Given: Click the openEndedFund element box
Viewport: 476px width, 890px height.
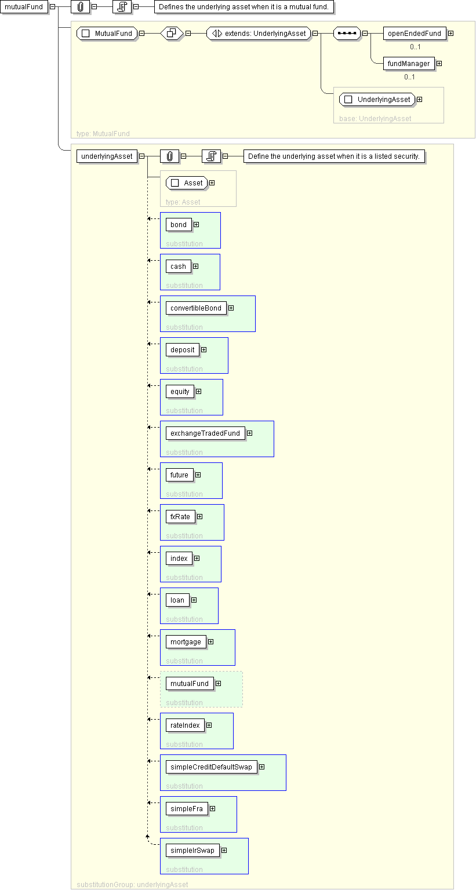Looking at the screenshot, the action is [415, 34].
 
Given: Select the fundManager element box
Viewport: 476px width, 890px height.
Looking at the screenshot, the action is [409, 64].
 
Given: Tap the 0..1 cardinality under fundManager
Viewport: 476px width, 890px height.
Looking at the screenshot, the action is [409, 77].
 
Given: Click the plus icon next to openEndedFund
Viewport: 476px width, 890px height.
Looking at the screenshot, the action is [451, 34].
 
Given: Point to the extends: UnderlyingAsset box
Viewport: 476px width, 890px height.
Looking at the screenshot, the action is [259, 34].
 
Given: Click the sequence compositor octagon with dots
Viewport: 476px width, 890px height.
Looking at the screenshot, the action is [347, 34].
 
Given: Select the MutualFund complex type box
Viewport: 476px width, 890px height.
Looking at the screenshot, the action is [107, 34].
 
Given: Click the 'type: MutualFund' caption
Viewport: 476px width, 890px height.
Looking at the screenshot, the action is [103, 134].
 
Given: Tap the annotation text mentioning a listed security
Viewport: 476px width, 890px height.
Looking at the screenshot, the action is [334, 156].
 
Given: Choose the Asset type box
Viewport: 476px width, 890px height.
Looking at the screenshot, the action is [187, 183].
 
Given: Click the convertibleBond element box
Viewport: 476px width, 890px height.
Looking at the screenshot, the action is [196, 308].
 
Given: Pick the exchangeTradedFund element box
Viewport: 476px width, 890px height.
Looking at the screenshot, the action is [205, 433].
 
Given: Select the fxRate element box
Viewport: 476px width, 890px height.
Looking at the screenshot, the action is [180, 516].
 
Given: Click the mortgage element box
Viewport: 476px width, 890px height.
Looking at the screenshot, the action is [186, 641].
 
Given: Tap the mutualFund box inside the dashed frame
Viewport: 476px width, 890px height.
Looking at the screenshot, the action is [190, 683].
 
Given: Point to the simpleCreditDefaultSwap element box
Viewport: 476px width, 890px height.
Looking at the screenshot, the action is [211, 767].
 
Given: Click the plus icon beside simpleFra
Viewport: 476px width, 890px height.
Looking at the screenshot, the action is [212, 808].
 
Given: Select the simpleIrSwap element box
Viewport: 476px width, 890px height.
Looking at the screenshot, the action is [192, 850].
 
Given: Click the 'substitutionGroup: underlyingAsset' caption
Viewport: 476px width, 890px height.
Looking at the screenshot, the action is [132, 884].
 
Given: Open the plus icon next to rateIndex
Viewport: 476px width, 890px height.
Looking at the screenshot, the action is [209, 725].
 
